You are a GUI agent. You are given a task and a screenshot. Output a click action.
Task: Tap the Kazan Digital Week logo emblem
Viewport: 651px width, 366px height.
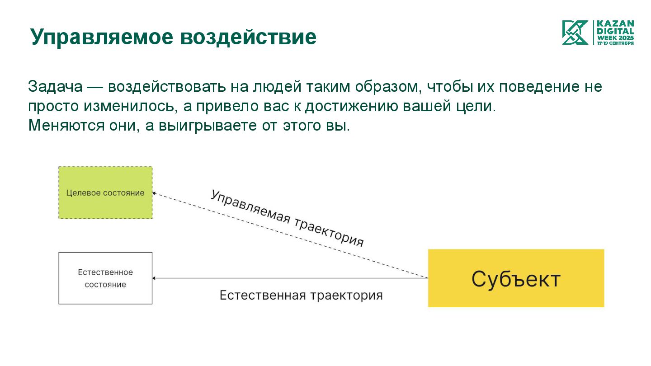point(575,33)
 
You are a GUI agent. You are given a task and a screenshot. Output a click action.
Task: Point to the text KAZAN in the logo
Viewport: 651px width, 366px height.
point(615,23)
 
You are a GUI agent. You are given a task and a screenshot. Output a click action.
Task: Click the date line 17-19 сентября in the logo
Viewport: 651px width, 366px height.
point(615,43)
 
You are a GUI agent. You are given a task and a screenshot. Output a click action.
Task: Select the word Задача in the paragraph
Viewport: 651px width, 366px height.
point(55,86)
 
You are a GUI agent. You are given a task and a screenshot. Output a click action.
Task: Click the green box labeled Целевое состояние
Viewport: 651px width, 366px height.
point(105,193)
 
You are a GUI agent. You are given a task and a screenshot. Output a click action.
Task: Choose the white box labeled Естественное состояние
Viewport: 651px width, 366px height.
point(105,278)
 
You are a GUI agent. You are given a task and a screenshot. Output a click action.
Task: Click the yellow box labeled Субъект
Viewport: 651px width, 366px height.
point(516,278)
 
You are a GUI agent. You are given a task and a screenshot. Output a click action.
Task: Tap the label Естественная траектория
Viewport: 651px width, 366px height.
point(301,296)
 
